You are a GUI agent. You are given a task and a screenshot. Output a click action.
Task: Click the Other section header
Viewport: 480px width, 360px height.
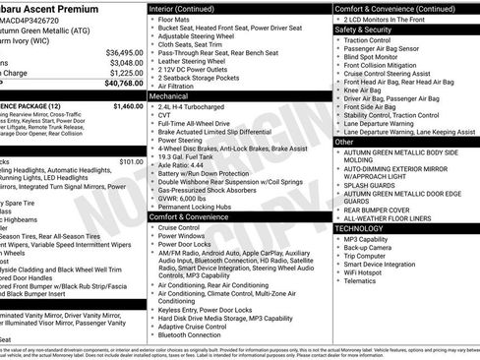coord(344,142)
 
